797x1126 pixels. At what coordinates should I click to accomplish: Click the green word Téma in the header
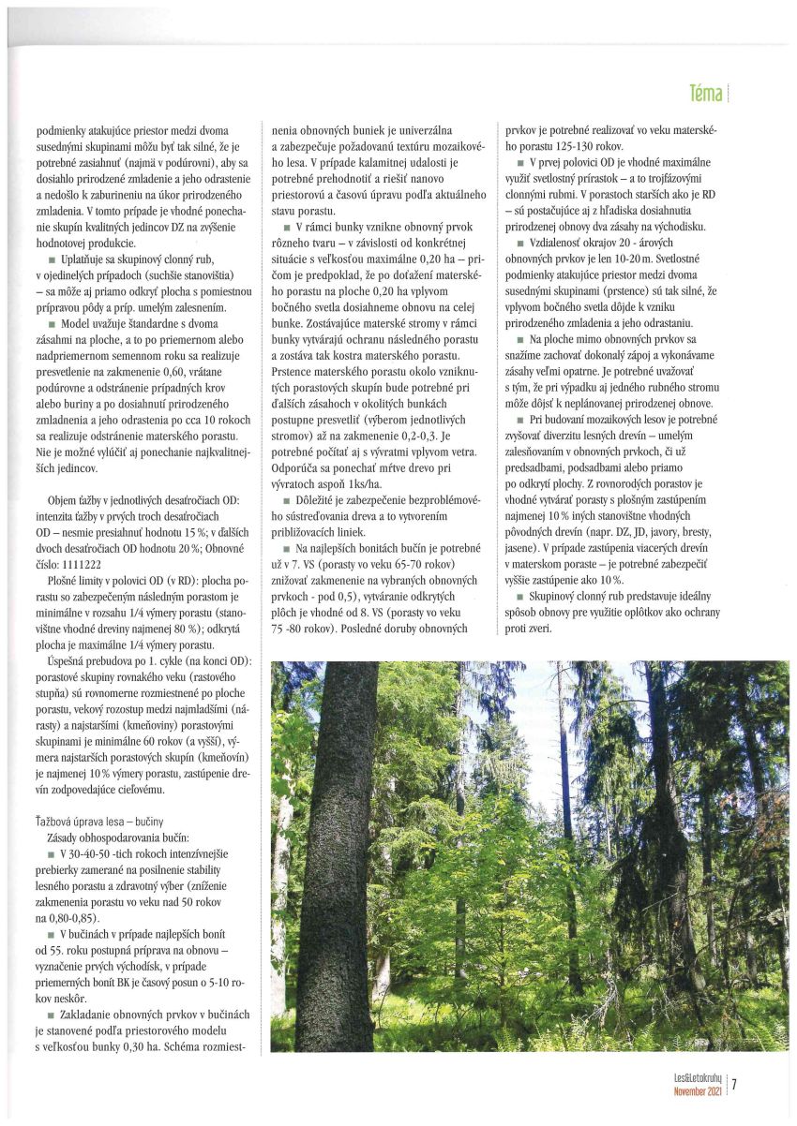click(705, 94)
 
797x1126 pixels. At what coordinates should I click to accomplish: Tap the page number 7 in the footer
click(734, 1086)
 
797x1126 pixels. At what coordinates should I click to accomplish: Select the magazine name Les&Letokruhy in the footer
click(694, 1079)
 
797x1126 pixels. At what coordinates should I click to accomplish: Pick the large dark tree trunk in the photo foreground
click(336, 843)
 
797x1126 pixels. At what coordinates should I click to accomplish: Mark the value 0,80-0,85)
click(73, 919)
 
